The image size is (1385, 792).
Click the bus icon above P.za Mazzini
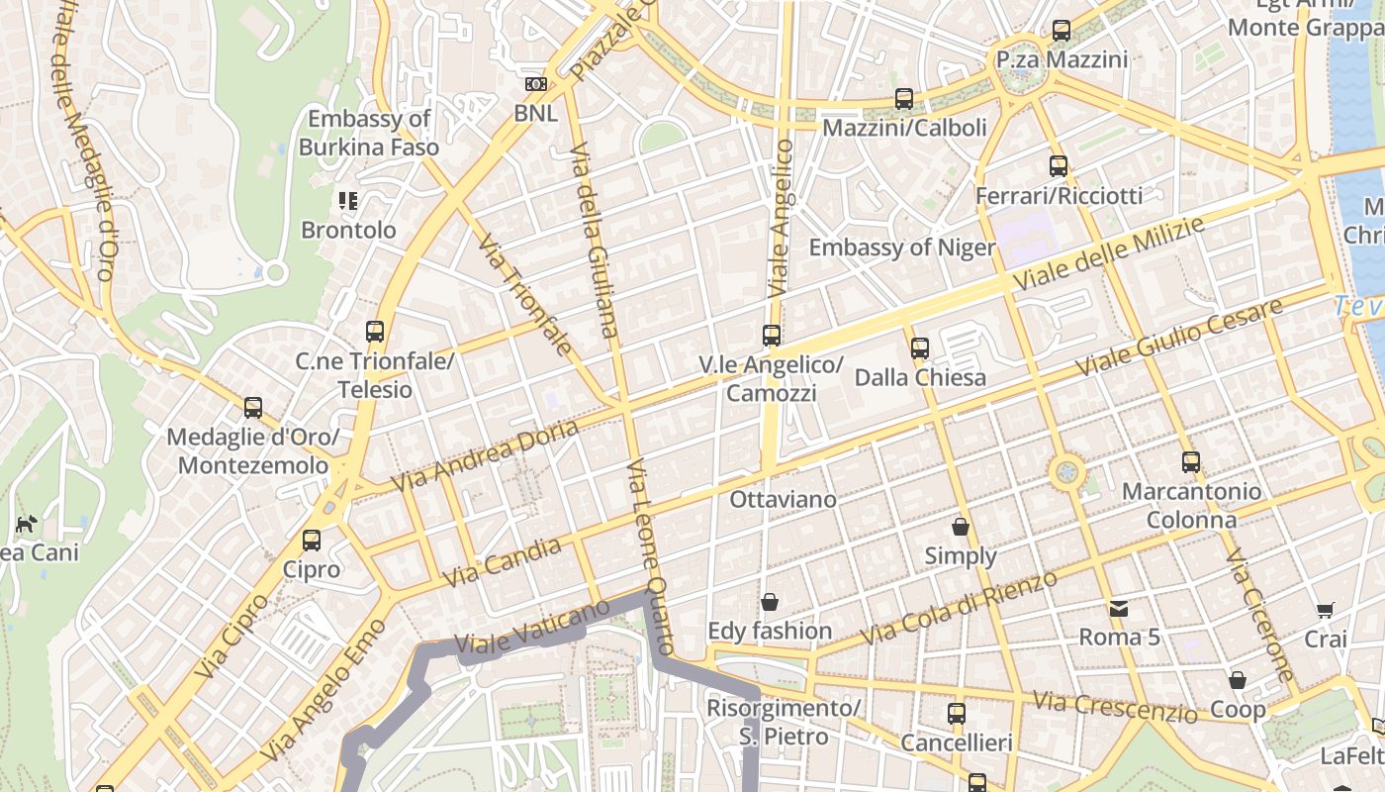[x=1062, y=31]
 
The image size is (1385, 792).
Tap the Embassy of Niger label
[x=901, y=247]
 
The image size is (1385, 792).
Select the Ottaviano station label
[x=783, y=500]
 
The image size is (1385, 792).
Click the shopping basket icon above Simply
[x=960, y=527]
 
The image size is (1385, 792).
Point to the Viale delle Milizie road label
[x=1109, y=254]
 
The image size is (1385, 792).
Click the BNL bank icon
[x=536, y=84]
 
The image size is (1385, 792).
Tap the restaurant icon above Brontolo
[x=347, y=201]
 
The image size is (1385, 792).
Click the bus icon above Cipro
[x=312, y=541]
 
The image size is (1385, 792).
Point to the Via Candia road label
[x=503, y=561]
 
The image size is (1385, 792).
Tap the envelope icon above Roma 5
[x=1119, y=608]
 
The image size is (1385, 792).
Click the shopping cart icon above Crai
[x=1325, y=611]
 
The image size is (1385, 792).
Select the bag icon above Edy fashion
[x=770, y=602]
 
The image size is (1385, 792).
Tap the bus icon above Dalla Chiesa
[x=920, y=348]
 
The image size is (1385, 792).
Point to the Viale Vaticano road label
[x=532, y=626]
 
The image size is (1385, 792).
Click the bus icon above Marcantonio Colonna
[x=1191, y=462]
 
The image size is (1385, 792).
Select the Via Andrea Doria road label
[x=485, y=455]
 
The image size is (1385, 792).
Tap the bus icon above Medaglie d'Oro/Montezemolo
[x=253, y=408]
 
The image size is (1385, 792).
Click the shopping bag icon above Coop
[x=1237, y=681]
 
